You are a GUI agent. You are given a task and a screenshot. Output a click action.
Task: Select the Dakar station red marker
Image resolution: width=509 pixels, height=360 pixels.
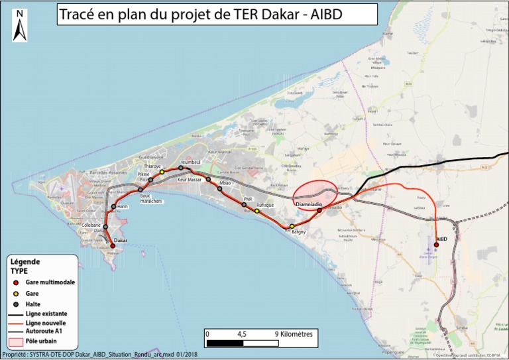[112, 246]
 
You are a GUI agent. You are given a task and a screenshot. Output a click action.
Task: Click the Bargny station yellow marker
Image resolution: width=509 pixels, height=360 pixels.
[292, 226]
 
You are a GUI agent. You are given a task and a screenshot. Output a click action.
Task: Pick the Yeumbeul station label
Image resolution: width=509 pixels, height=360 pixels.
[190, 162]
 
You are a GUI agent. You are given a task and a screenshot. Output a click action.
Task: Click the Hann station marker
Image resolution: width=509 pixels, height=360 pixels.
[114, 206]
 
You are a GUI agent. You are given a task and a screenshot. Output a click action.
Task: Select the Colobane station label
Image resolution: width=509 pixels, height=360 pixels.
[92, 225]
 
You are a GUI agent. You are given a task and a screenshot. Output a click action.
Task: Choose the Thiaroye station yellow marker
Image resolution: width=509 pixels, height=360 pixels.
[162, 172]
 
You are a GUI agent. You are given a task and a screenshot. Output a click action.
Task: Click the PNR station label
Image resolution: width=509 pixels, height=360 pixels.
[249, 198]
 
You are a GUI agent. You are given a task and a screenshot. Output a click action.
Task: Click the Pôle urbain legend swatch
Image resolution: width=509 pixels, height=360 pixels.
[16, 342]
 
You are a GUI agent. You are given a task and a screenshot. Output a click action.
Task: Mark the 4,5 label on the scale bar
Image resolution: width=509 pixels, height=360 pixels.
[243, 333]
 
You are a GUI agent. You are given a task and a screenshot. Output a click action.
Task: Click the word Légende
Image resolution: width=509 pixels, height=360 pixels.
[25, 262]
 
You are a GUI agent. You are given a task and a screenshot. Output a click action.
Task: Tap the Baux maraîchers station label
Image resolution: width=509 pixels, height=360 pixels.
[150, 199]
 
